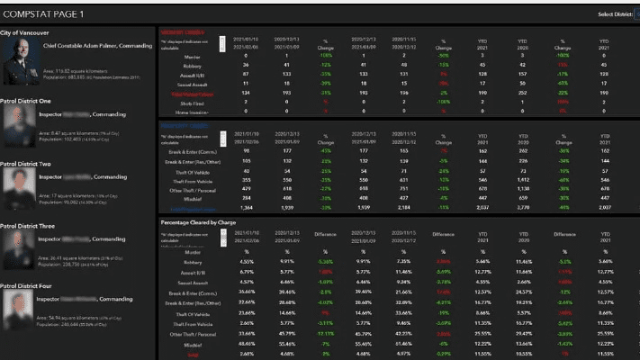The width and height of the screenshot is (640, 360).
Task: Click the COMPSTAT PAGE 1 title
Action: tap(45, 14)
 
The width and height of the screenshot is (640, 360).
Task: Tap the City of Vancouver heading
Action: tap(24, 32)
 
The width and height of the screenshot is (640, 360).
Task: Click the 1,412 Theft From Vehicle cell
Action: tap(522, 179)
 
